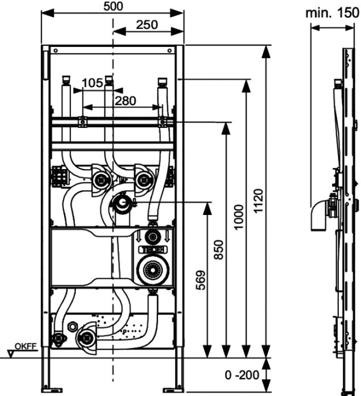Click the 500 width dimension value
click(113, 7)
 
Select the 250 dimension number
click(147, 25)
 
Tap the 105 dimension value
click(92, 83)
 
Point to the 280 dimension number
click(125, 101)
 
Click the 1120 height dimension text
click(258, 201)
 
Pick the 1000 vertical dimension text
click(239, 217)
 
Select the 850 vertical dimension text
click(219, 250)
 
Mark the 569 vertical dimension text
click(201, 281)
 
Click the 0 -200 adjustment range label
click(242, 375)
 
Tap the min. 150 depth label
click(332, 13)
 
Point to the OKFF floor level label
click(26, 346)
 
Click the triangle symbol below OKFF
click(11, 354)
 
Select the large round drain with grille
click(153, 270)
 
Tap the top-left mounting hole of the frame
click(56, 51)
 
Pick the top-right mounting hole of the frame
click(169, 51)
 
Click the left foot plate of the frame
click(52, 390)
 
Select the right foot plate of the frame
click(173, 390)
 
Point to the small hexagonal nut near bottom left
click(73, 326)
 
